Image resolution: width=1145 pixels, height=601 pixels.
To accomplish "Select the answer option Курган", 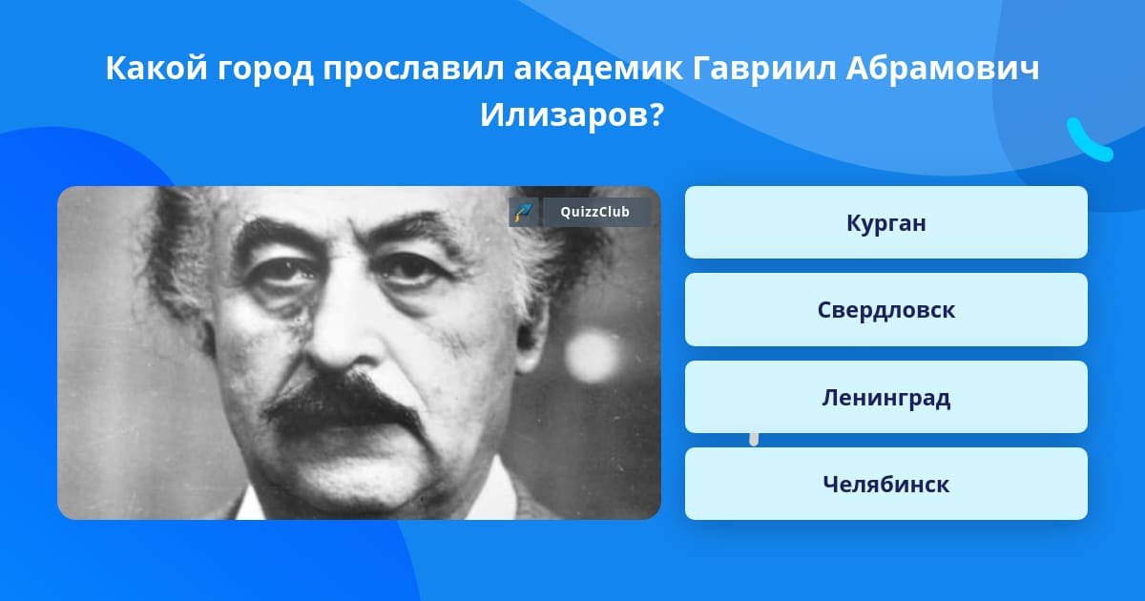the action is (x=885, y=222).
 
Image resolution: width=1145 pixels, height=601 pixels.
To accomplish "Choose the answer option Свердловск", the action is (x=885, y=310).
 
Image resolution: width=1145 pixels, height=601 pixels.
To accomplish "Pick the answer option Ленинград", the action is (x=885, y=397).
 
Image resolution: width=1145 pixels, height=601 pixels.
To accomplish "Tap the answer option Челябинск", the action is (x=885, y=484).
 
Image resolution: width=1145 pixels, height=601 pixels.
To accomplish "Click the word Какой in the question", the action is (x=156, y=68).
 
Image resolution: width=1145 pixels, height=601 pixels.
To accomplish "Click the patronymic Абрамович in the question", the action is (x=943, y=69).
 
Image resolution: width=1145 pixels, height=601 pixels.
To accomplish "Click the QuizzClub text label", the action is (x=595, y=212).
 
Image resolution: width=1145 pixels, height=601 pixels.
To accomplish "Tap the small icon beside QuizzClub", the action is (x=523, y=212).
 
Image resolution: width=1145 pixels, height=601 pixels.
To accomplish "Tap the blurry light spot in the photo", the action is (x=593, y=356).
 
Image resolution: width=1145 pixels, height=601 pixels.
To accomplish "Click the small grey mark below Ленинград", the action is (x=754, y=440).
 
